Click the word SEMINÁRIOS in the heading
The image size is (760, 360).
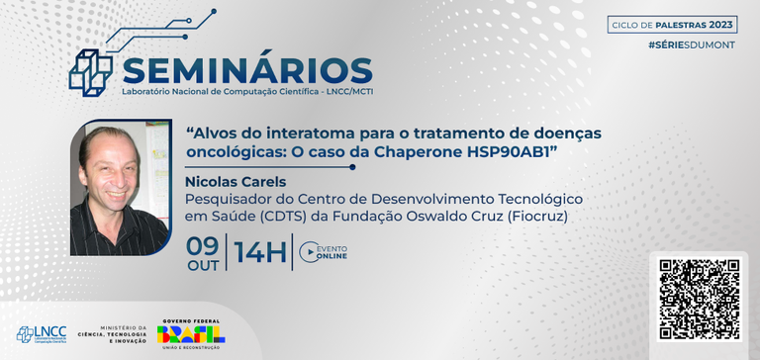click(x=246, y=71)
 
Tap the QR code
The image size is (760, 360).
click(x=700, y=300)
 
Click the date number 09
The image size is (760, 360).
click(x=203, y=243)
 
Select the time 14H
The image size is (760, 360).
click(x=259, y=252)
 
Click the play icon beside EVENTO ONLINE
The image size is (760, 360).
click(x=308, y=253)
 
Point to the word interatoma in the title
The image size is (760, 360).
click(x=283, y=132)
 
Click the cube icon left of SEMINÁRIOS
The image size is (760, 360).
click(x=90, y=67)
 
